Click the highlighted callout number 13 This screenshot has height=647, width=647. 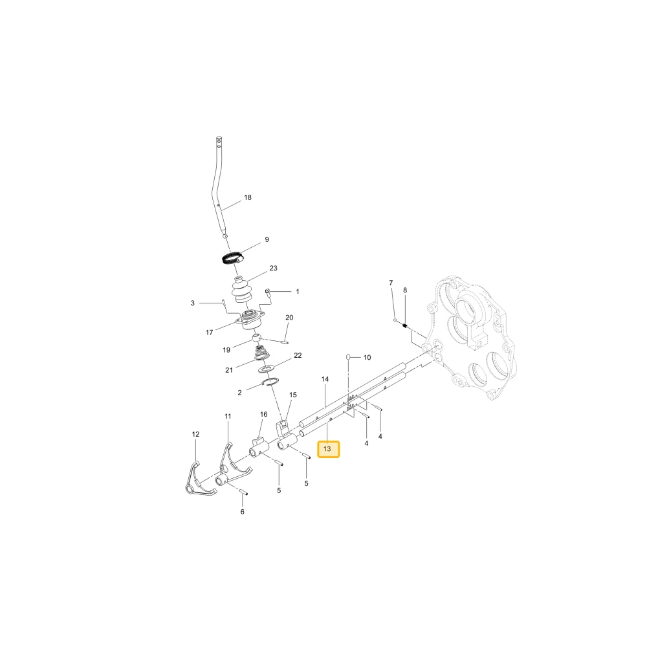pos(327,448)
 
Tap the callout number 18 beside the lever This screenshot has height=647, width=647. pos(248,197)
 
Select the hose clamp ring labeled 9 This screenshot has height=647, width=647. pos(232,258)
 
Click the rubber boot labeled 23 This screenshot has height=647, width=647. pos(242,291)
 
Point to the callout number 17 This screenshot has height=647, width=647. pos(209,332)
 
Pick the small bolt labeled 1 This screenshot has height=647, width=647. pos(267,292)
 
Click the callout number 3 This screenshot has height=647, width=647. pos(192,303)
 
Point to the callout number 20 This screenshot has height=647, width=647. pos(289,317)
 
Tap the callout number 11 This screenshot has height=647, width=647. pos(228,416)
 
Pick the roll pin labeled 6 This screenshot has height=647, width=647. pos(243,492)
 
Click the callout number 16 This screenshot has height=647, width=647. pos(264,414)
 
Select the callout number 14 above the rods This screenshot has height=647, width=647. pos(325,378)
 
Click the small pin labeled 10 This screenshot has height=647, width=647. pos(348,356)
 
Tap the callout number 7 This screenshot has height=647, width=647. pos(391,283)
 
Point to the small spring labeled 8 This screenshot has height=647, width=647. pos(405,326)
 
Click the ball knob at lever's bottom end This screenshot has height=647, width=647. pos(225,236)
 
